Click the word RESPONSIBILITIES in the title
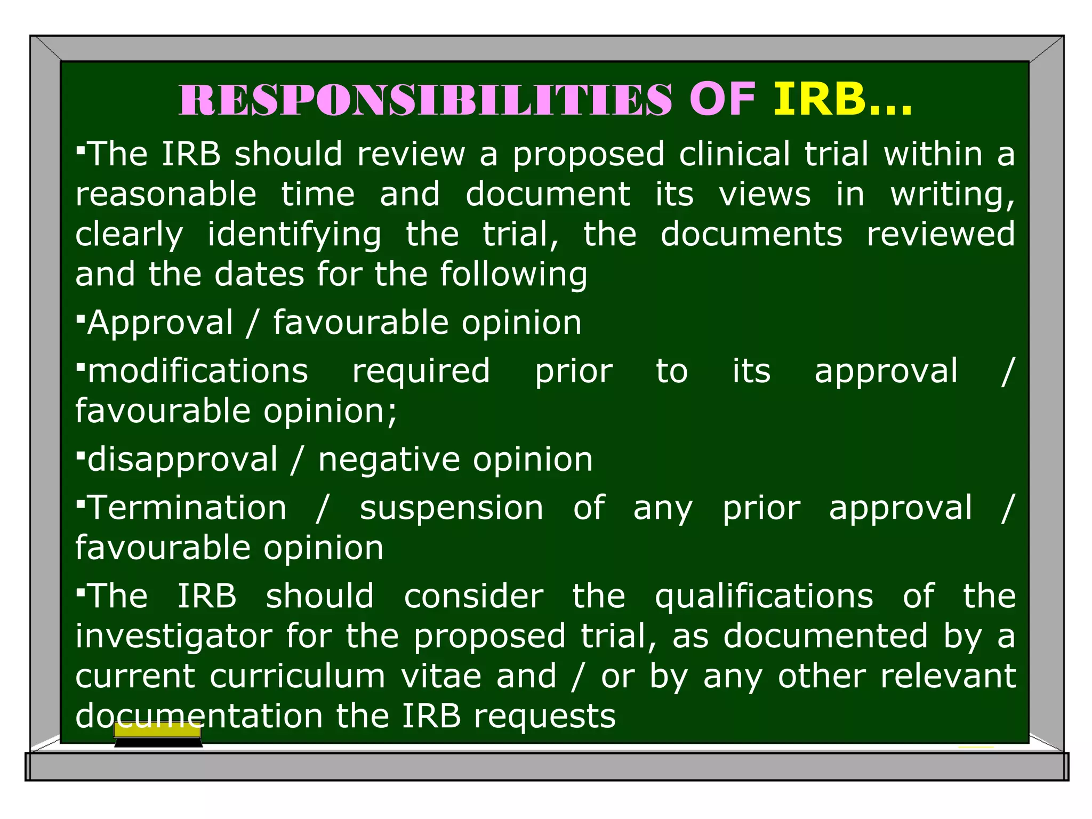click(x=425, y=100)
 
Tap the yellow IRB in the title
click(x=819, y=100)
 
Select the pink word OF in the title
click(x=722, y=100)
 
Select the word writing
click(x=952, y=195)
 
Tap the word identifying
click(x=294, y=235)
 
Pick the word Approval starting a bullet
click(x=160, y=323)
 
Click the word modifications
click(x=198, y=371)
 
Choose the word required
click(x=421, y=372)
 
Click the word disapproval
click(x=182, y=460)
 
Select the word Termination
click(x=187, y=508)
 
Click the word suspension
click(x=452, y=509)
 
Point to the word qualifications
click(x=764, y=597)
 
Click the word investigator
click(x=174, y=637)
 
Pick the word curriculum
click(x=297, y=676)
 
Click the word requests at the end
click(x=544, y=717)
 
